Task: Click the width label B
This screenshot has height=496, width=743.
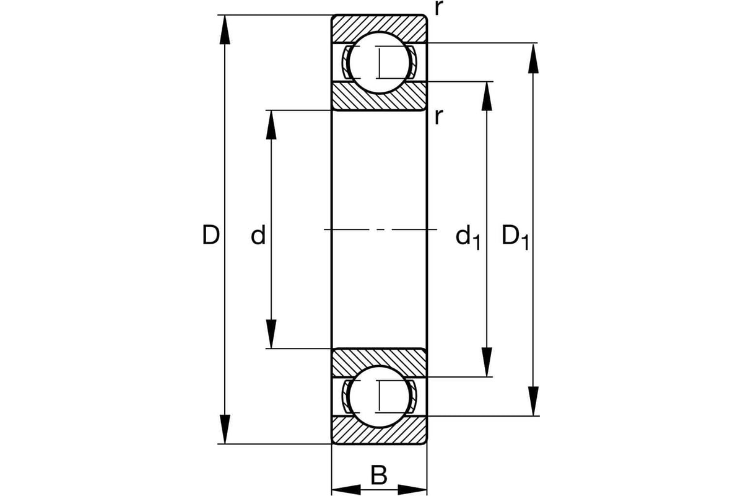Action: (x=379, y=476)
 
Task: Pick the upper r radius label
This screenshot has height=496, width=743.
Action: (x=438, y=9)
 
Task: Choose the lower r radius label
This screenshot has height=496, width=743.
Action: (x=438, y=116)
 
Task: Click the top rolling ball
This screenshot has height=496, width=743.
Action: (x=379, y=62)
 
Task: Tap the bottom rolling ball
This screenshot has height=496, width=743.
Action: (x=379, y=397)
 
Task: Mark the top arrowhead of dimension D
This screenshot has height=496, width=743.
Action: (x=225, y=29)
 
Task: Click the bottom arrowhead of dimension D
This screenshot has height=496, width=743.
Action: (x=225, y=430)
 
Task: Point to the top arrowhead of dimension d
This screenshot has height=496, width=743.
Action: (x=271, y=124)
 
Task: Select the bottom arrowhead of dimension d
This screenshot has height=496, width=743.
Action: (x=271, y=335)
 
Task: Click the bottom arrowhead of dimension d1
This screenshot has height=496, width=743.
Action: (x=487, y=363)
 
